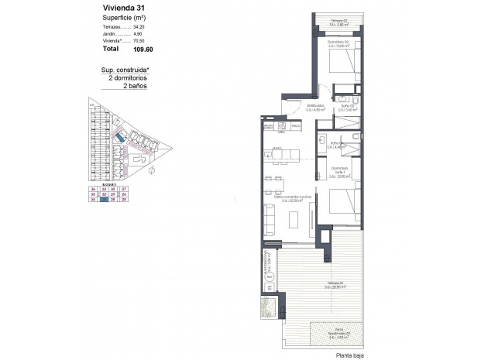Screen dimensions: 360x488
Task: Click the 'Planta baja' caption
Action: coord(351,355)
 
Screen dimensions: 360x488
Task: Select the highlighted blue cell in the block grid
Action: coord(102,199)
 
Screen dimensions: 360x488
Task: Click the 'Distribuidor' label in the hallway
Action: coord(314,106)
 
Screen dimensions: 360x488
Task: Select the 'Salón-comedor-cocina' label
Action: coord(293,197)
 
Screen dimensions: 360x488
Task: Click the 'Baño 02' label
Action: coord(346,107)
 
